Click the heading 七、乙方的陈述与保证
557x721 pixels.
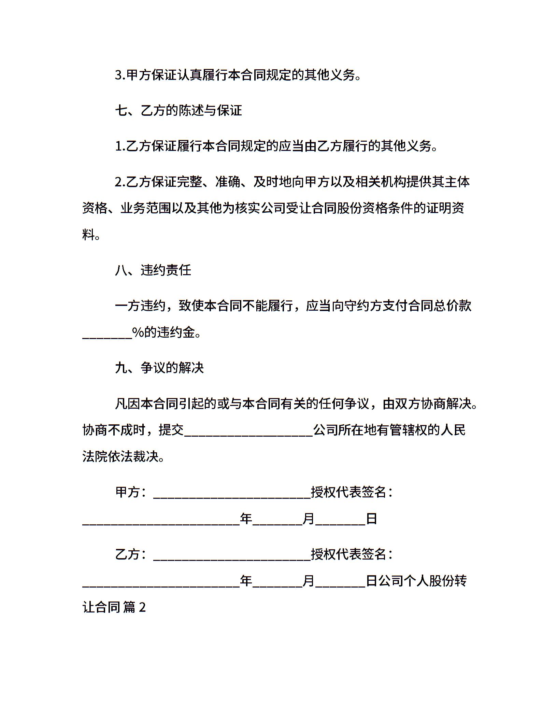pyautogui.click(x=178, y=111)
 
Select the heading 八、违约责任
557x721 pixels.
pyautogui.click(x=153, y=270)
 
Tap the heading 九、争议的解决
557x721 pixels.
pyautogui.click(x=159, y=368)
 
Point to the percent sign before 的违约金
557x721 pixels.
pyautogui.click(x=138, y=332)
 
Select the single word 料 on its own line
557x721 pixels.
pyautogui.click(x=88, y=235)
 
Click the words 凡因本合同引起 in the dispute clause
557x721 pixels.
pyautogui.click(x=159, y=404)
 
